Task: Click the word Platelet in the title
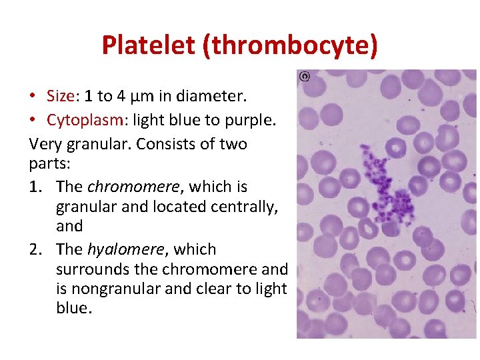pyautogui.click(x=148, y=45)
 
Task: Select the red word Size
pyautogui.click(x=60, y=96)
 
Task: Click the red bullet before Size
pyautogui.click(x=33, y=96)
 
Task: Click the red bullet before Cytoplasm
pyautogui.click(x=33, y=120)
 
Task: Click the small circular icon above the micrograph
pyautogui.click(x=305, y=77)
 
